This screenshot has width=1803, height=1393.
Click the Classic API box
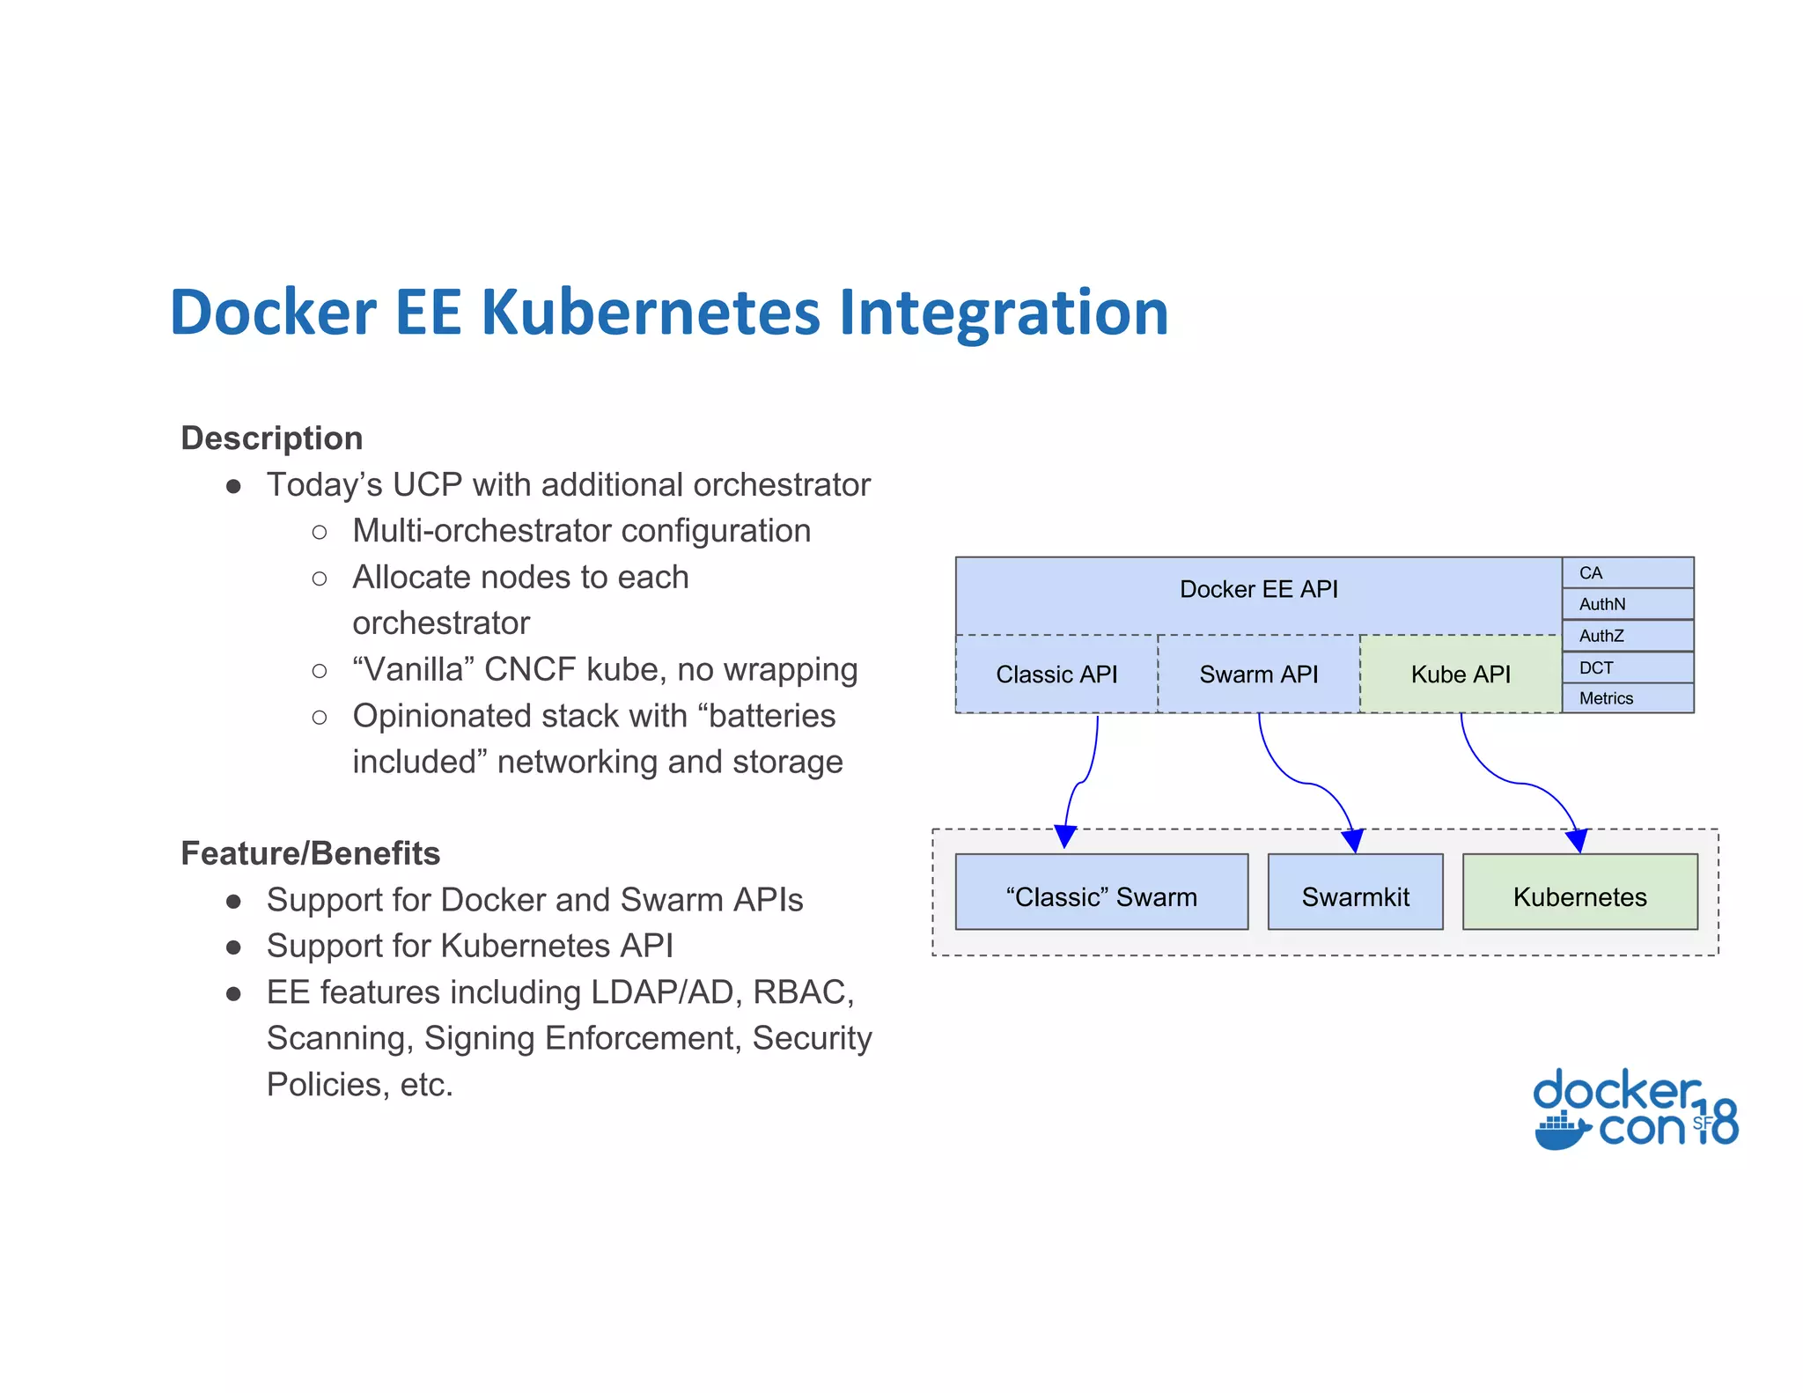click(x=1056, y=674)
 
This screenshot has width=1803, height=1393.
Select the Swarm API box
click(x=1258, y=674)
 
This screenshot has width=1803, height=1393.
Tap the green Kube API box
click(x=1460, y=674)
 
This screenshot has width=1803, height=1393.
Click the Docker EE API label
click(x=1258, y=589)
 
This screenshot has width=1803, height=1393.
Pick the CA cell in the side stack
click(x=1627, y=573)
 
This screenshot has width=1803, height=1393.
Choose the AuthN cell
click(x=1627, y=604)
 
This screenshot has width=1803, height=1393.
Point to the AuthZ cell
click(x=1627, y=636)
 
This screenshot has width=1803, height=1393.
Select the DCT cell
click(x=1627, y=667)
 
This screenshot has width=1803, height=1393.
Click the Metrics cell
click(x=1627, y=698)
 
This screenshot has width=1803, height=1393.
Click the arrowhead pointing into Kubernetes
click(x=1577, y=841)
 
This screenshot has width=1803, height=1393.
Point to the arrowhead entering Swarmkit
click(x=1353, y=841)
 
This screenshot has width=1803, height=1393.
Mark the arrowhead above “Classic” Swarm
click(x=1065, y=837)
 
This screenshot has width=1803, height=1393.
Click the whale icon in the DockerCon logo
click(x=1561, y=1131)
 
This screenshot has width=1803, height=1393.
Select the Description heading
click(x=271, y=439)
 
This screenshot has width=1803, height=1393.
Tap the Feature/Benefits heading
click(x=310, y=853)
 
